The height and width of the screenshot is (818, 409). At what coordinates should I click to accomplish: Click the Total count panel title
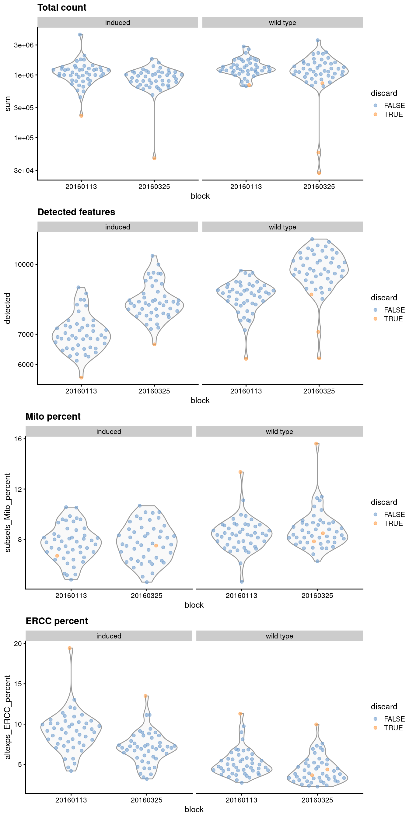pyautogui.click(x=61, y=8)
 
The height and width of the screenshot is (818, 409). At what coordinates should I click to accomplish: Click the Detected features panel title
pyautogui.click(x=76, y=212)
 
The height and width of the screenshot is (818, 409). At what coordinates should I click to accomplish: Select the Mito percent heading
pyautogui.click(x=53, y=417)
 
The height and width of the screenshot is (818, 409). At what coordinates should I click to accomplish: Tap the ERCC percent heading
pyautogui.click(x=57, y=621)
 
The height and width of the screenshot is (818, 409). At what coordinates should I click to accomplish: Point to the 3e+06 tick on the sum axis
pyautogui.click(x=23, y=45)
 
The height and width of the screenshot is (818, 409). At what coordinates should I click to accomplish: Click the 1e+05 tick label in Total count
pyautogui.click(x=23, y=138)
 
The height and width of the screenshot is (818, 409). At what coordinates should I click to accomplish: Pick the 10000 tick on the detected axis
pyautogui.click(x=23, y=264)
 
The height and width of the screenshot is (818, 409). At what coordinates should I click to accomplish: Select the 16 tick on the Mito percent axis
pyautogui.click(x=18, y=439)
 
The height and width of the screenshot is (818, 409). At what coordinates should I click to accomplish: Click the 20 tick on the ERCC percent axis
pyautogui.click(x=18, y=643)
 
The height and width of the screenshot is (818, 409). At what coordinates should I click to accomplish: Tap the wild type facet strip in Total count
pyautogui.click(x=282, y=23)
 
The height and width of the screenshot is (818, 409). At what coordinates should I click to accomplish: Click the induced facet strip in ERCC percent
pyautogui.click(x=109, y=636)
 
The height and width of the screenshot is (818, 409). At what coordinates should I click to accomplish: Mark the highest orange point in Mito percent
pyautogui.click(x=316, y=444)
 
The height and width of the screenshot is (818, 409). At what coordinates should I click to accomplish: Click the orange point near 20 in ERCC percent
pyautogui.click(x=70, y=648)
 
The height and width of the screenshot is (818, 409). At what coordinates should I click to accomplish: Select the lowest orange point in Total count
pyautogui.click(x=319, y=173)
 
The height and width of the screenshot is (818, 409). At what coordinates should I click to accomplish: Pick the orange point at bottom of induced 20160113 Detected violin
pyautogui.click(x=81, y=378)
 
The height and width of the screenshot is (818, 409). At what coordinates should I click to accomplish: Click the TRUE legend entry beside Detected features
pyautogui.click(x=393, y=319)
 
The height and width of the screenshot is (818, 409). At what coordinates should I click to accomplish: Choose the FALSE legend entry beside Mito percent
pyautogui.click(x=394, y=514)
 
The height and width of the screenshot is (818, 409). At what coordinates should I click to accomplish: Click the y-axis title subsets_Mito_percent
pyautogui.click(x=8, y=512)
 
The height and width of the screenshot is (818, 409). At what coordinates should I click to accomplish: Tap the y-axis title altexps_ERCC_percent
pyautogui.click(x=8, y=717)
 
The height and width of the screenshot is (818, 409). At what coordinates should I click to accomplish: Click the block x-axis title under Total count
pyautogui.click(x=200, y=196)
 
